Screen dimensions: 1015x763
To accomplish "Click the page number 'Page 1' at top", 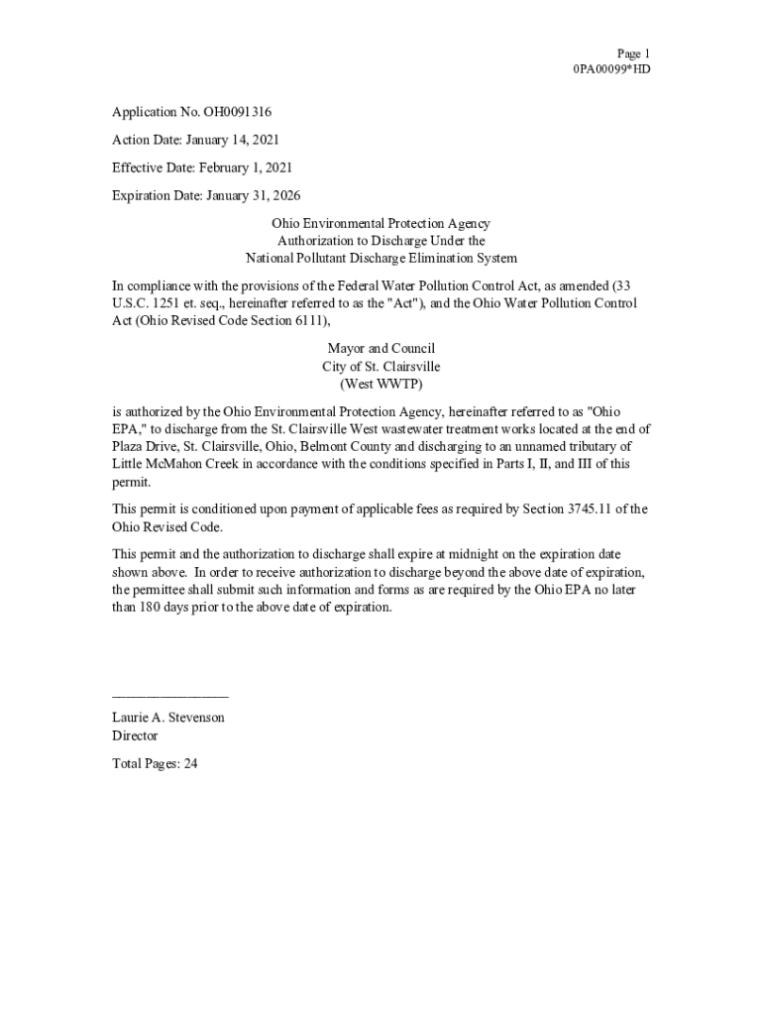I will [633, 54].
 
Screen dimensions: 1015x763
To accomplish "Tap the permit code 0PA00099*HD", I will [611, 69].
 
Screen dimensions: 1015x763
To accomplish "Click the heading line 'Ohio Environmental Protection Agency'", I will [381, 224].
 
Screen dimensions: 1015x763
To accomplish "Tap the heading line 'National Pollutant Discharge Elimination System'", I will [381, 258].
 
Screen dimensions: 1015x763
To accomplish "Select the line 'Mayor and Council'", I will [381, 349].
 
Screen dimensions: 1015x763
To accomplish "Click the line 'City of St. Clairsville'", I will [381, 366].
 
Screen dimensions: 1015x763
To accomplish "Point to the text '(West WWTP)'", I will [381, 383].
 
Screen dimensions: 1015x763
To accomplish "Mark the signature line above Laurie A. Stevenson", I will [170, 699].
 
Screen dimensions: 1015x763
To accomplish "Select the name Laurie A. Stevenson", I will [168, 717].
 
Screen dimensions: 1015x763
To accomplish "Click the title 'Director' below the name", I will [135, 735].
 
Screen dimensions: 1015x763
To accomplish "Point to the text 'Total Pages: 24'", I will [156, 763].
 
